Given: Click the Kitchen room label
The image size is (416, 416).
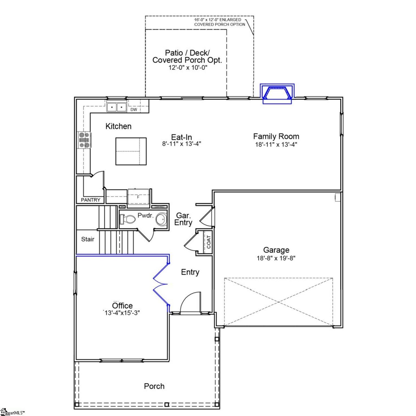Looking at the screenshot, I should tap(118, 126).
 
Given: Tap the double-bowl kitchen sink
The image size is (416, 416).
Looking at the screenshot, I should tap(116, 107).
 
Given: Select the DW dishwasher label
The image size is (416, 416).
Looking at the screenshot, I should tap(134, 110).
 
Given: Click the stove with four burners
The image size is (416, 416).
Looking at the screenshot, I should tap(84, 140).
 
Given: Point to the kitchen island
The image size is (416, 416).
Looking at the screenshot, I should tap(131, 151).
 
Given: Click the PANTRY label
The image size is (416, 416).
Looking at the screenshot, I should tap(91, 200).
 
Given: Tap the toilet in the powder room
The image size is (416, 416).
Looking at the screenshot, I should tap(127, 219).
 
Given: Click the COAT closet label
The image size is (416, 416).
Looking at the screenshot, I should tap(209, 242).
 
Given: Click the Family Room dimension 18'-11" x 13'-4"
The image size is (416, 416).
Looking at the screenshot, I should tap(276, 144).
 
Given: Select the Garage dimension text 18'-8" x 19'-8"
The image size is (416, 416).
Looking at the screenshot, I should tap(276, 258).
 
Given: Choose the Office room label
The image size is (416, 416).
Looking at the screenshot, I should tap(122, 305).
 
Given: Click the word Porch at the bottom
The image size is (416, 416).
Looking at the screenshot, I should tap(154, 386).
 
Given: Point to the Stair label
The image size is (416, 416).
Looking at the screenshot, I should tap(88, 239).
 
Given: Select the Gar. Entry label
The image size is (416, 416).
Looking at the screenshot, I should tap(183, 219).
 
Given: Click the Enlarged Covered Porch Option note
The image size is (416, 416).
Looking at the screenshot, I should tap(219, 22).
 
